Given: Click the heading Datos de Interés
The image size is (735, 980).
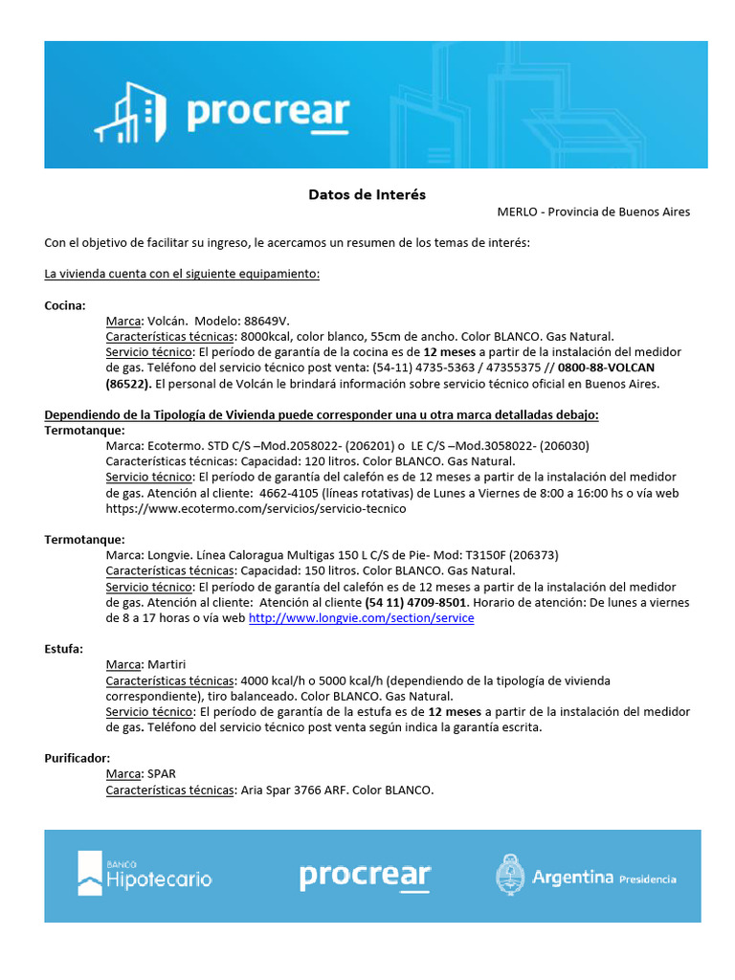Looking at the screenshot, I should pyautogui.click(x=367, y=194).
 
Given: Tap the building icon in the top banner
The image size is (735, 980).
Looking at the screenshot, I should pyautogui.click(x=129, y=111).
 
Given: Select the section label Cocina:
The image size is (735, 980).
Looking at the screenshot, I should pyautogui.click(x=65, y=305).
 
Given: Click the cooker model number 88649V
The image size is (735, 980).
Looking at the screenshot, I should pyautogui.click(x=266, y=322).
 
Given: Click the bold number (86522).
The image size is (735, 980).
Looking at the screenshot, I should pyautogui.click(x=126, y=384).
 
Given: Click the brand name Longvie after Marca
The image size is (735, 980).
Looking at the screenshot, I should pyautogui.click(x=169, y=555).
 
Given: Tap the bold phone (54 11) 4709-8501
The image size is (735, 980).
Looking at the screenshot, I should pyautogui.click(x=415, y=603).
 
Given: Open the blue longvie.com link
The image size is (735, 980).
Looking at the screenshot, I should pyautogui.click(x=361, y=618).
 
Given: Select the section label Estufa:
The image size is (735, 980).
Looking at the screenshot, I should pyautogui.click(x=63, y=649).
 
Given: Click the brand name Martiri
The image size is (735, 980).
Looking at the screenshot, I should pyautogui.click(x=167, y=664).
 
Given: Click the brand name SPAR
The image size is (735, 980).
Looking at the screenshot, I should pyautogui.click(x=161, y=773).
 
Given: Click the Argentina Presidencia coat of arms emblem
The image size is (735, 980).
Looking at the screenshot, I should pyautogui.click(x=509, y=875).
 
